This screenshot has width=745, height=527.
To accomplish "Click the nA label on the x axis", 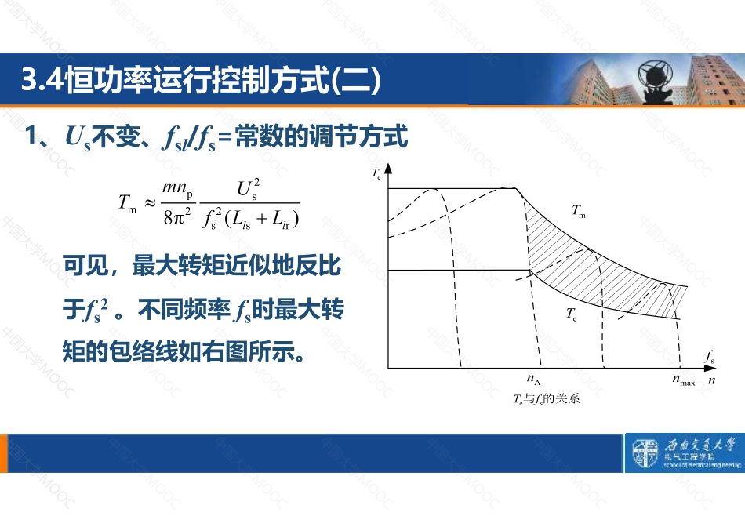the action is coord(533,380).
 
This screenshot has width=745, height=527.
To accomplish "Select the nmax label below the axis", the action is coord(684,380).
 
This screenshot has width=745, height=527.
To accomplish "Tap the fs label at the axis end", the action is coord(709,356).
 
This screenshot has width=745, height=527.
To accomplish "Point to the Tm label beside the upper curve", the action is coord(579,210).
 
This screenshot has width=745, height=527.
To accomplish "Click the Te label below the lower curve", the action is coord(572,314).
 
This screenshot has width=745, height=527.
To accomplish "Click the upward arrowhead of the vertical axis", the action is coord(388,169).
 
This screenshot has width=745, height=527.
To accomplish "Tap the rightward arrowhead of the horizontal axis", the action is coord(710,368).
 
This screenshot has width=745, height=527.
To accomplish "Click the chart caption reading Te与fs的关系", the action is coord(547,398).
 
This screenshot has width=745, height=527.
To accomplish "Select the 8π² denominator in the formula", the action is coord(177,216).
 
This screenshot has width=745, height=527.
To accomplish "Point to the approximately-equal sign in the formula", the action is coord(150,203).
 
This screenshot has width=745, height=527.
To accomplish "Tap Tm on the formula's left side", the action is coord(127,203).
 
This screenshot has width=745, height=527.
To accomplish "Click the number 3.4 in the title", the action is coord(42,79).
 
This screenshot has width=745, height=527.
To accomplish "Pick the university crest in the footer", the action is coord(645,452).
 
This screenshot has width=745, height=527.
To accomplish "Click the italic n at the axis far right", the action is coord(711,380).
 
